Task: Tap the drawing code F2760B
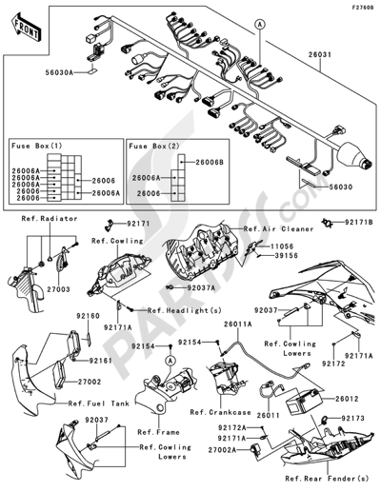coord(360,10)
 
